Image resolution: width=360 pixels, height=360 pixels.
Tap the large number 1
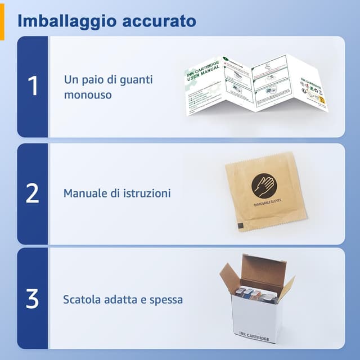[33, 87]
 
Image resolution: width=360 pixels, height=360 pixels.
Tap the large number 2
[33, 193]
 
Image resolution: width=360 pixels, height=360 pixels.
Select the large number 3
[33, 299]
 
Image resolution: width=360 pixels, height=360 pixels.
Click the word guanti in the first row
[133, 79]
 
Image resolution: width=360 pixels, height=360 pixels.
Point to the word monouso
[87, 94]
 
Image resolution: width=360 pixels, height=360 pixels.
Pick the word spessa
[165, 299]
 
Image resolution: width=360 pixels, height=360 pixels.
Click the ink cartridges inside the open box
[256, 294]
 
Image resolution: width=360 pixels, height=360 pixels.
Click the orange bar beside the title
[2, 20]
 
